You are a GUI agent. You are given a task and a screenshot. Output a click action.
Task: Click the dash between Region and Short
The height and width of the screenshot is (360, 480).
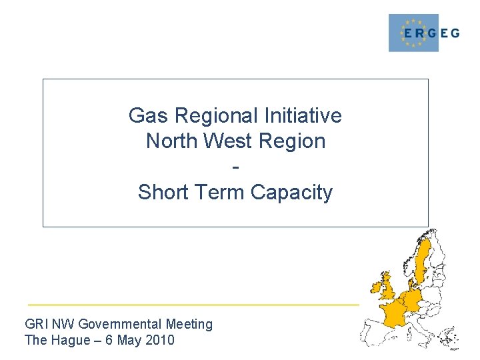click(235, 167)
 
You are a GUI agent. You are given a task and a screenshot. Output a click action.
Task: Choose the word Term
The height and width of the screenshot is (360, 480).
click(220, 193)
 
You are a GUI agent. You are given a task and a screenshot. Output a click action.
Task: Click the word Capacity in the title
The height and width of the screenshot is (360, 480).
click(291, 193)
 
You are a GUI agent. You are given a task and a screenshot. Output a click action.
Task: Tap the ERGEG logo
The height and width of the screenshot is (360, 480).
click(424, 33)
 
